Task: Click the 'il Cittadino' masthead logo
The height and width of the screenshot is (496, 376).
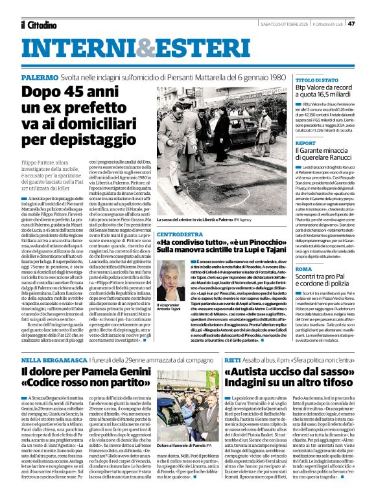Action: click(x=38, y=25)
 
